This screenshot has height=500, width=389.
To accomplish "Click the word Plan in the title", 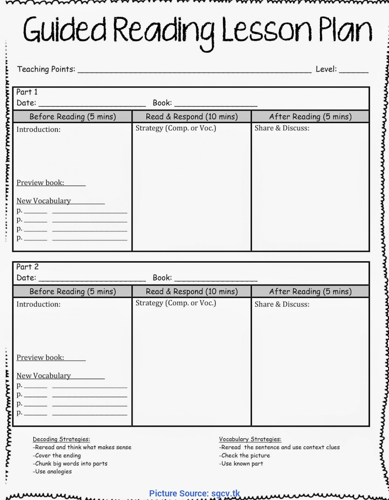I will tap(345, 30).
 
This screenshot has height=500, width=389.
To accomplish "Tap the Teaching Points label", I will tap(46, 69).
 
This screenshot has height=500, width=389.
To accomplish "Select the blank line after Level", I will tap(354, 71).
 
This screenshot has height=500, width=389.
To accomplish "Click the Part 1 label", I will tap(27, 92).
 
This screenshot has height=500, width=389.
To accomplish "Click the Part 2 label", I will tap(27, 267).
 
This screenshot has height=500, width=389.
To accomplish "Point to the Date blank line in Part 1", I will tap(92, 104).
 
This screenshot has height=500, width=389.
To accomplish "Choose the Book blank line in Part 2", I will tap(216, 279).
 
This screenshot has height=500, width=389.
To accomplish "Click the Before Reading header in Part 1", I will tap(73, 117).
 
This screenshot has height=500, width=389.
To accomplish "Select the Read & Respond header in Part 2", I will tap(192, 291).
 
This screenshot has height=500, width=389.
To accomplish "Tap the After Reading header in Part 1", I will tap(310, 117).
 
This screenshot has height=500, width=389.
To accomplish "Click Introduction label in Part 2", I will tap(39, 304).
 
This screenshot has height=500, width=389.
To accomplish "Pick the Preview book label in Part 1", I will tap(40, 183).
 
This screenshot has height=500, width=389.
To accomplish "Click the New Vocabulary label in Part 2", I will tap(43, 376).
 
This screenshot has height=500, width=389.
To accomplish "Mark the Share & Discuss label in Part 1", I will tap(282, 128).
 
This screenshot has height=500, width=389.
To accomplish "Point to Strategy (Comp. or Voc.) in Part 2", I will tap(176, 303).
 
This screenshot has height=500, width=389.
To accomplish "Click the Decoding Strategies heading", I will tap(61, 439).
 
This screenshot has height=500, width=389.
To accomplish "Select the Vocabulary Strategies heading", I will tap(250, 439).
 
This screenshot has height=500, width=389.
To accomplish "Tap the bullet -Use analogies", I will tap(52, 471).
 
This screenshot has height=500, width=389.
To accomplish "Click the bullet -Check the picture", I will tap(244, 455).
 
